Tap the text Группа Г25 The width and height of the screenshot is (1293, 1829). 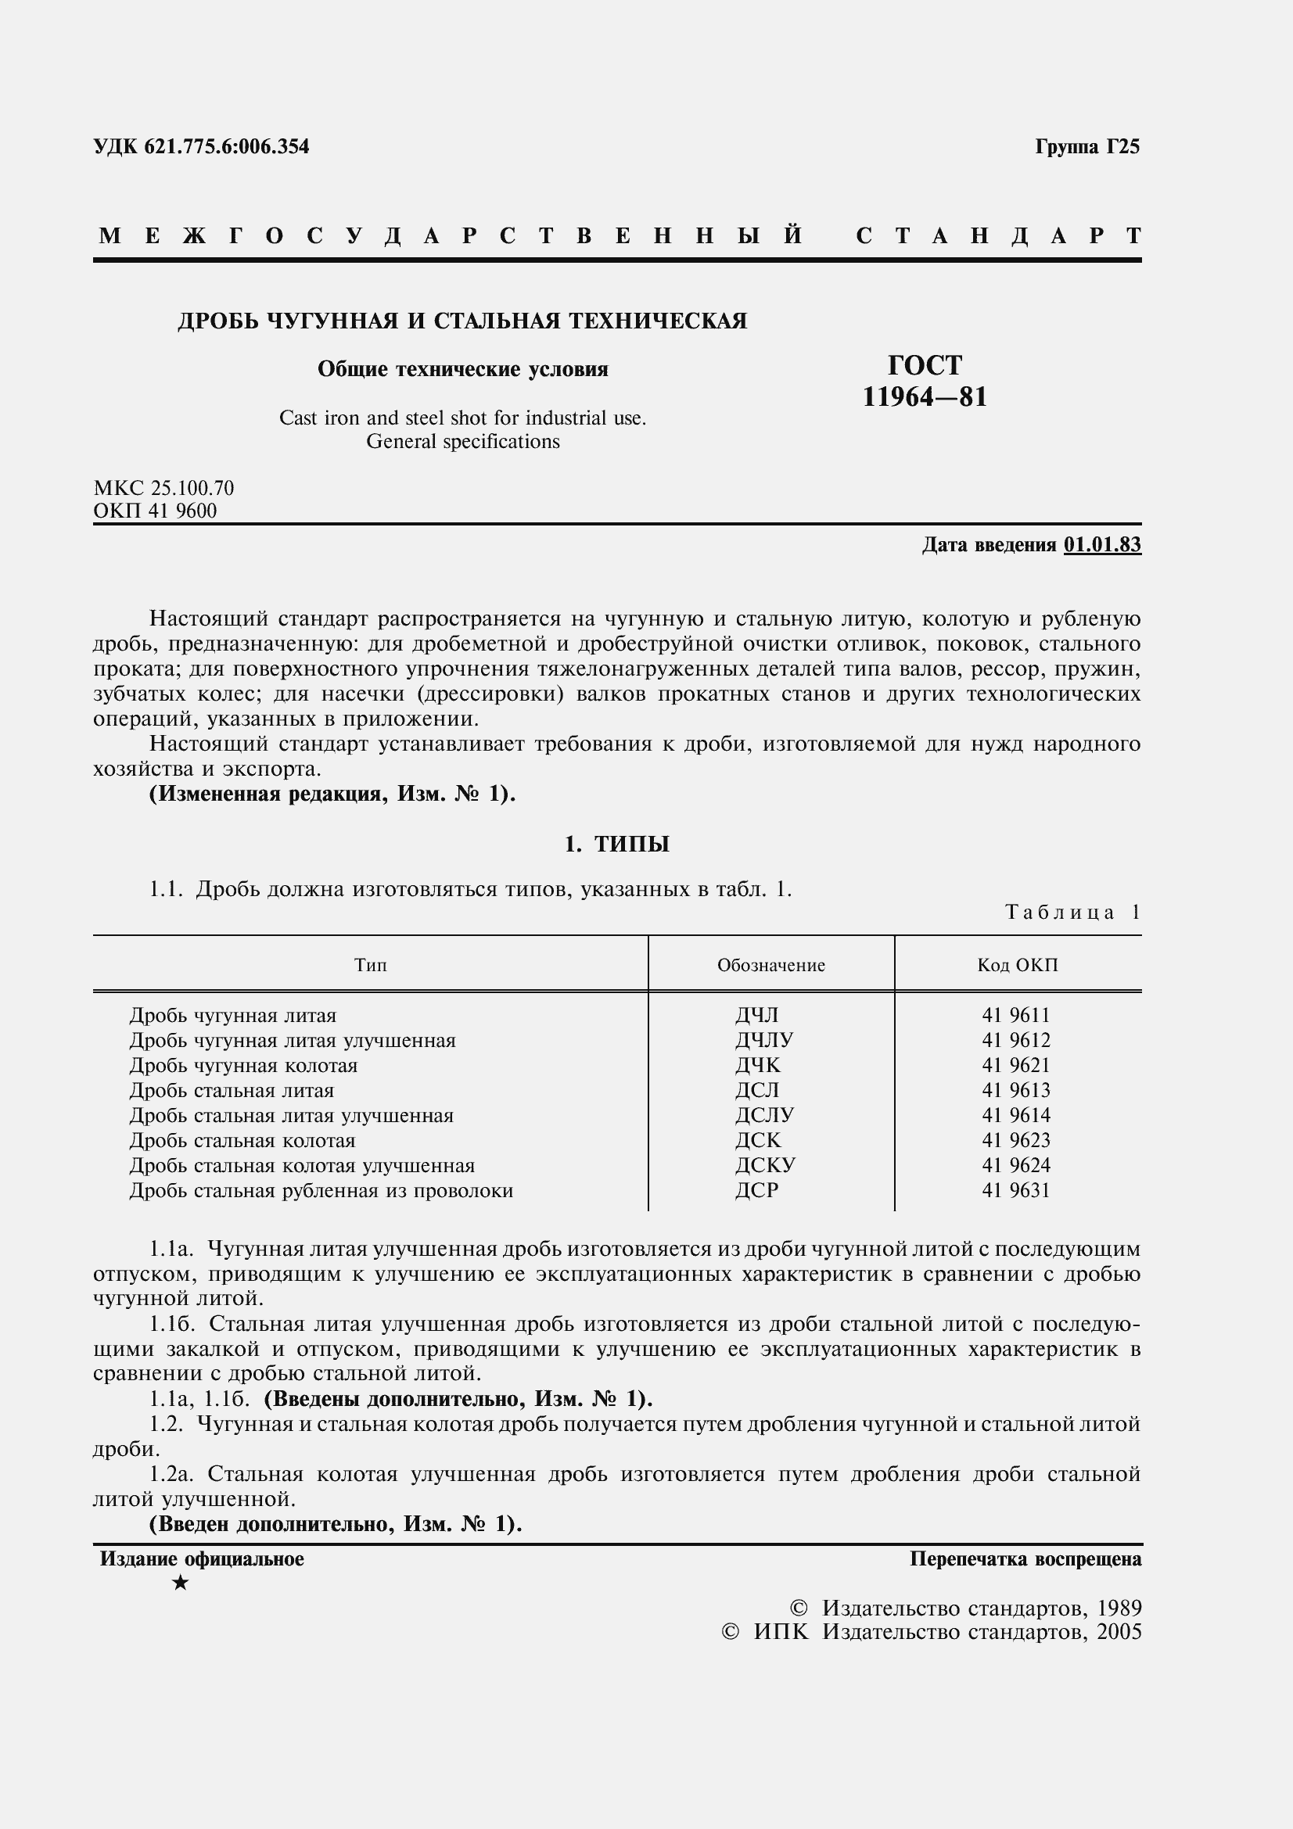pos(1087,146)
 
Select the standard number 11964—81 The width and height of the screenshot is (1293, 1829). pos(924,396)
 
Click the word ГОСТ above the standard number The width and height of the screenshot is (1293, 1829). pos(924,365)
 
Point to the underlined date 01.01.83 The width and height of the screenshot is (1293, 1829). pos(1102,545)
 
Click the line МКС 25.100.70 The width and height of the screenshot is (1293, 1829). pos(163,487)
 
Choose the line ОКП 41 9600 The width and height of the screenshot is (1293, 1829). pos(155,511)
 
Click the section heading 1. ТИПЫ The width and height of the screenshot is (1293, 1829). pos(616,845)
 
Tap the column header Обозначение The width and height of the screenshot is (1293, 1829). pos(770,966)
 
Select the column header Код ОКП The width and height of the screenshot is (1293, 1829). pos(1018,966)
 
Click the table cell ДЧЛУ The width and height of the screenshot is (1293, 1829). pos(764,1040)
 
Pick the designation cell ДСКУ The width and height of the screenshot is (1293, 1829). pos(765,1165)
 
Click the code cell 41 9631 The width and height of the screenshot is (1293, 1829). pos(1016,1190)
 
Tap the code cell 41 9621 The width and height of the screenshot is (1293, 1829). pos(1016,1065)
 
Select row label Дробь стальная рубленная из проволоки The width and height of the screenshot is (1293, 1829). pos(321,1191)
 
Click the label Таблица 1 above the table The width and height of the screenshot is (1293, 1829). pos(1072,912)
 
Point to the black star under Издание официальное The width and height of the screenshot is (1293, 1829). pos(181,1583)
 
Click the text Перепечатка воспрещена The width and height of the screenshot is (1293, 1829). pos(1025,1559)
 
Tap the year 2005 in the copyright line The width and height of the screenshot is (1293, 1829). pos(1119,1631)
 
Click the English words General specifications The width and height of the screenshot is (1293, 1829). pos(463,441)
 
